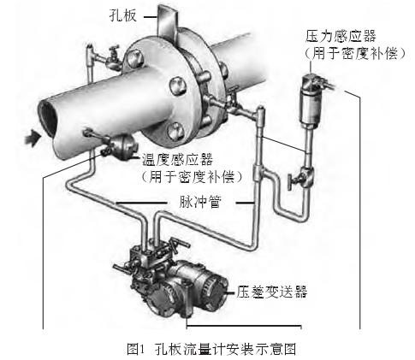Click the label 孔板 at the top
[123, 15]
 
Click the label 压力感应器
[341, 36]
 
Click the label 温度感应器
[178, 160]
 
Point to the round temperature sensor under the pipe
[122, 146]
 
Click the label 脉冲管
[200, 202]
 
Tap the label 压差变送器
[271, 291]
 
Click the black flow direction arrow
[33, 138]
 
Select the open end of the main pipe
[48, 119]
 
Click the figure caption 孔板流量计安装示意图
[225, 349]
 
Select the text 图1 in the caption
[136, 349]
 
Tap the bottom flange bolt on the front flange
[175, 132]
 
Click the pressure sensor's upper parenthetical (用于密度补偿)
[354, 52]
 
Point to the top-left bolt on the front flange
[133, 57]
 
